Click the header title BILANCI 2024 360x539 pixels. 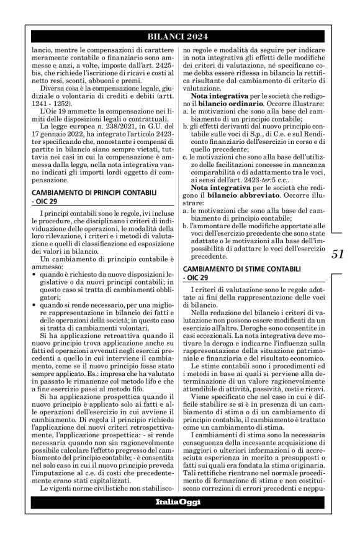pos(179,36)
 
